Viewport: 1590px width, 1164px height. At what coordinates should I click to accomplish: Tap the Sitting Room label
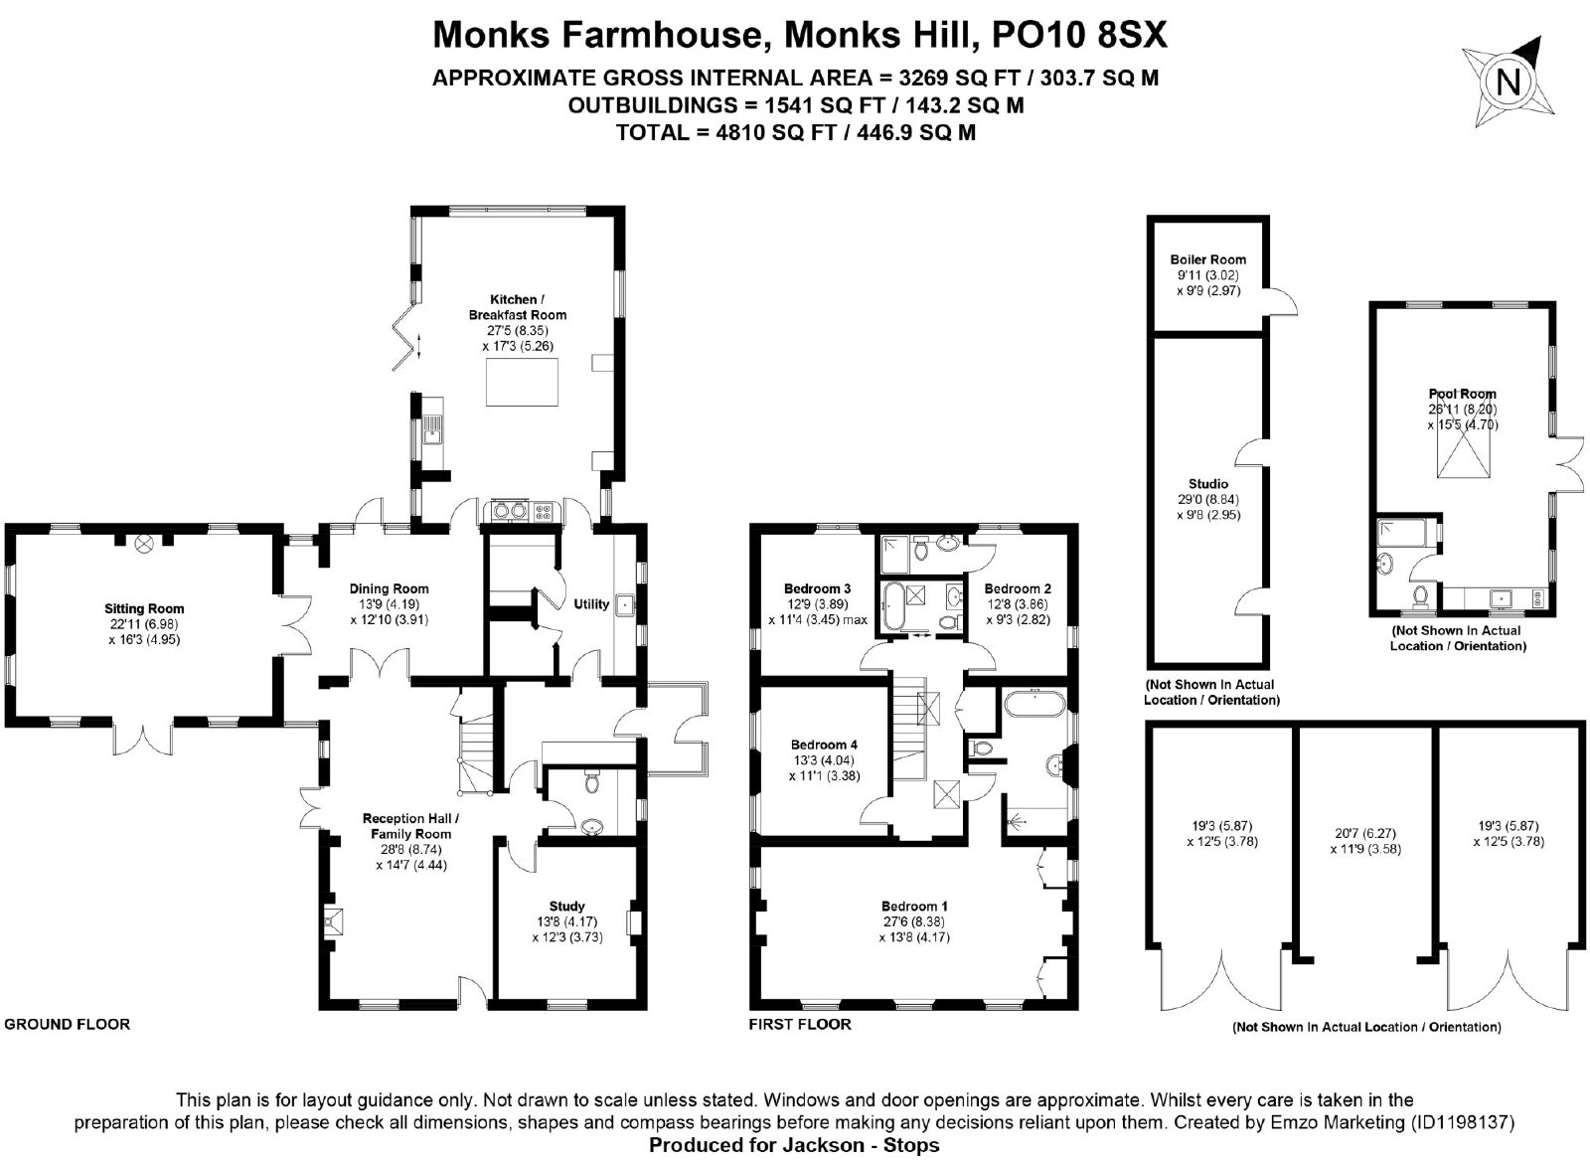coord(144,608)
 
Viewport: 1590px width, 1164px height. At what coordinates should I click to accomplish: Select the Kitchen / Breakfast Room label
coord(518,307)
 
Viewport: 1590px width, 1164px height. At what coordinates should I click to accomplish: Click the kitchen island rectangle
coord(522,382)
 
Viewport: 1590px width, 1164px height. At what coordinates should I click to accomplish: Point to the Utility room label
coord(591,603)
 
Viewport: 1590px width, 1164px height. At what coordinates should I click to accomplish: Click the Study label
coord(567,907)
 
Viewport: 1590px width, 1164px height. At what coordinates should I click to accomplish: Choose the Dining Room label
coord(389,588)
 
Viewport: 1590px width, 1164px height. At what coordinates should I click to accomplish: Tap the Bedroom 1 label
coord(914,907)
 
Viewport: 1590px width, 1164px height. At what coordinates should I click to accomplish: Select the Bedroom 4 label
coord(824,745)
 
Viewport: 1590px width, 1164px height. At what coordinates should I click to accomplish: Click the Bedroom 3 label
coord(817,588)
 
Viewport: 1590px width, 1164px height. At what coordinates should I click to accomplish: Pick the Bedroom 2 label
coord(1018,588)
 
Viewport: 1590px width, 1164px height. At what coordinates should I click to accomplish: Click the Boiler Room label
coord(1208,259)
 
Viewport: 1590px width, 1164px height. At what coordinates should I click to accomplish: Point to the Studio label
coord(1208,484)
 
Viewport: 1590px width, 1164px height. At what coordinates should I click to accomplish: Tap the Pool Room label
coord(1462,394)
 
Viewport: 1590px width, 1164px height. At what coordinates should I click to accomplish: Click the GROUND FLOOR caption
coord(67,1024)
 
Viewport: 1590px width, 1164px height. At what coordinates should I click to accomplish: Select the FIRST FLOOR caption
coord(800,1024)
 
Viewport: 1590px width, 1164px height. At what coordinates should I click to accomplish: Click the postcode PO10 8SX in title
coord(1079,34)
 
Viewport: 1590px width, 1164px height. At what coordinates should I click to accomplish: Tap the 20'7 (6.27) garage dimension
coord(1365,833)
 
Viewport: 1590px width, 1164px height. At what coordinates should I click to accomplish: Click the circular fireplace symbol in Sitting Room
coord(144,544)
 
